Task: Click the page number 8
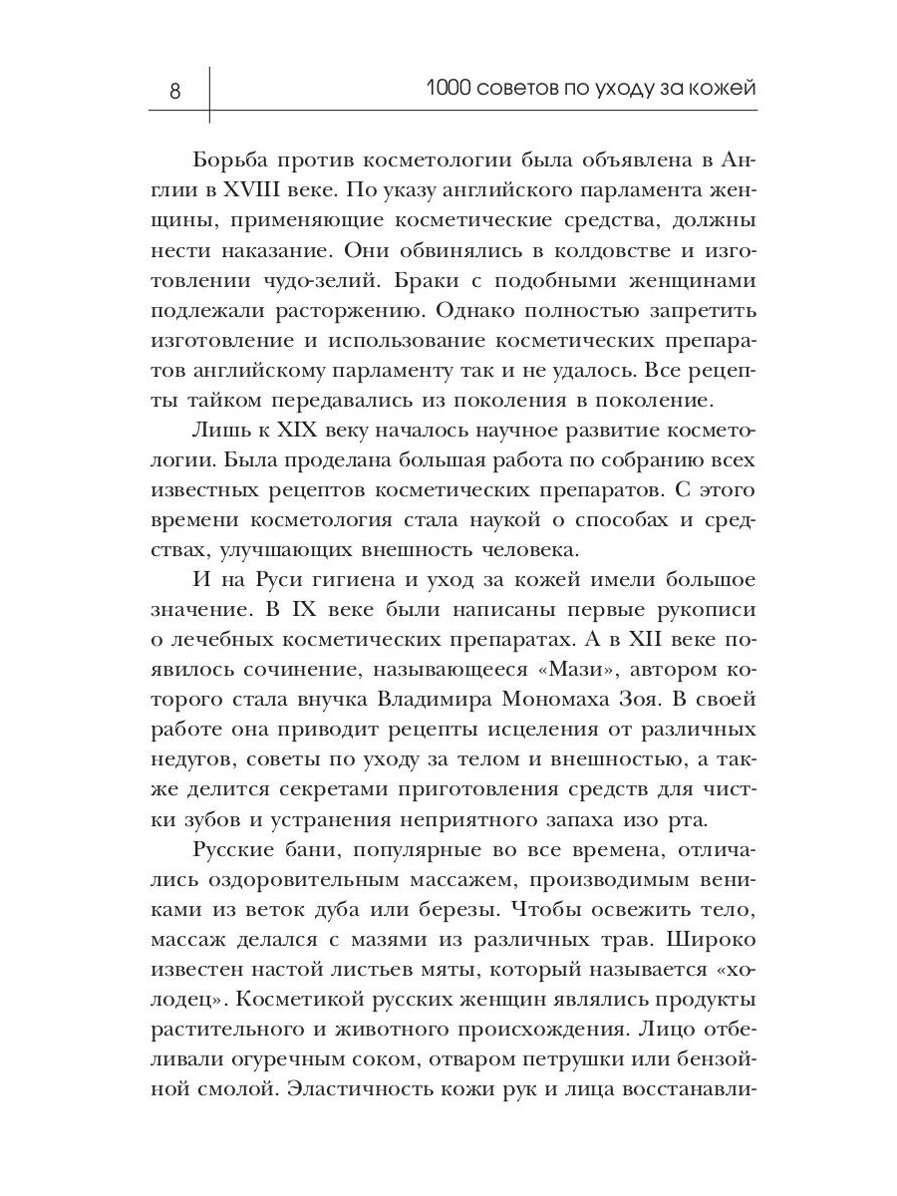click(x=175, y=92)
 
